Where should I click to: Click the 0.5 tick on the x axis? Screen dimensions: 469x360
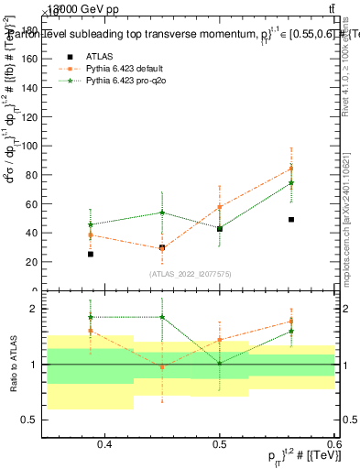click(220, 444)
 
